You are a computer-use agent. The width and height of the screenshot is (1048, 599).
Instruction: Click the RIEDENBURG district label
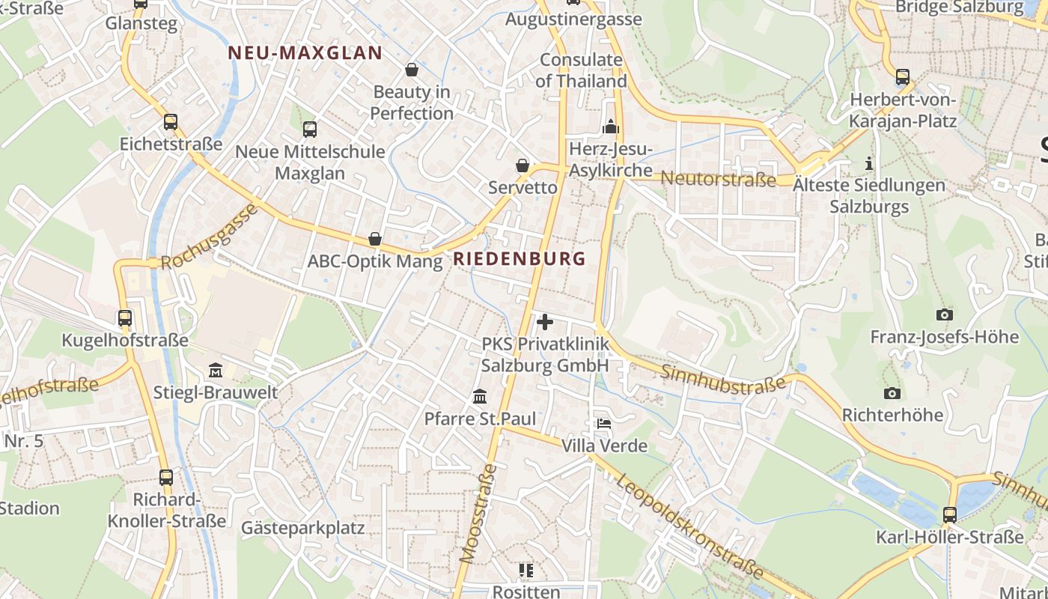(x=520, y=259)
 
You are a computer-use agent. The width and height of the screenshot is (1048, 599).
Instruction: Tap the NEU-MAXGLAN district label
(x=305, y=53)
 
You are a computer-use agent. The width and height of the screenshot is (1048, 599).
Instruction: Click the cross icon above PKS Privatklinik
(x=545, y=323)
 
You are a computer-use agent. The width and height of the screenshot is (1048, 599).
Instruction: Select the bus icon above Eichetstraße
(x=171, y=122)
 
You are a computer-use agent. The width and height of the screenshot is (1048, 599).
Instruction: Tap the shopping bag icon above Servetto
(x=523, y=165)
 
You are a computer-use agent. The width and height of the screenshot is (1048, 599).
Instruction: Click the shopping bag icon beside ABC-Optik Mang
(x=375, y=240)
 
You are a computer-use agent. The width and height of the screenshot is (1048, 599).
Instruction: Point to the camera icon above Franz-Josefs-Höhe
(x=945, y=315)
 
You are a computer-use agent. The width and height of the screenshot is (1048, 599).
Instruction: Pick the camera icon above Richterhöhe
(x=892, y=393)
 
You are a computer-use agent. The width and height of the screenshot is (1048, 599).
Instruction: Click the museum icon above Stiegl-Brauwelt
(x=216, y=371)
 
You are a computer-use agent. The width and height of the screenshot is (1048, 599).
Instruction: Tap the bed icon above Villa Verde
(x=604, y=424)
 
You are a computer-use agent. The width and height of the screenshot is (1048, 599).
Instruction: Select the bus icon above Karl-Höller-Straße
(x=950, y=515)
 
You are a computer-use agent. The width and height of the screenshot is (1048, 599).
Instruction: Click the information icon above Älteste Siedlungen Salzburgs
(x=869, y=163)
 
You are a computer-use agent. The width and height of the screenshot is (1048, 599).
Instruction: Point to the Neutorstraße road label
(x=719, y=179)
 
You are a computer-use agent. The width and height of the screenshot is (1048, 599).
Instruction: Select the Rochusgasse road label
(x=209, y=237)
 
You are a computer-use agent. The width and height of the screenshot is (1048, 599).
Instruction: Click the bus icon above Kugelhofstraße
(x=125, y=318)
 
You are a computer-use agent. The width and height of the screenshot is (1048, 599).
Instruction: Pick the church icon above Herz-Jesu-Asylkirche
(x=611, y=127)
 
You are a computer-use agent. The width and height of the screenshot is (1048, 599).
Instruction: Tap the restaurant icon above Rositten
(x=526, y=571)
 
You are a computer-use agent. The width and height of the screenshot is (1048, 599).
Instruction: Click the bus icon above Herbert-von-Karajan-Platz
(x=903, y=77)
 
